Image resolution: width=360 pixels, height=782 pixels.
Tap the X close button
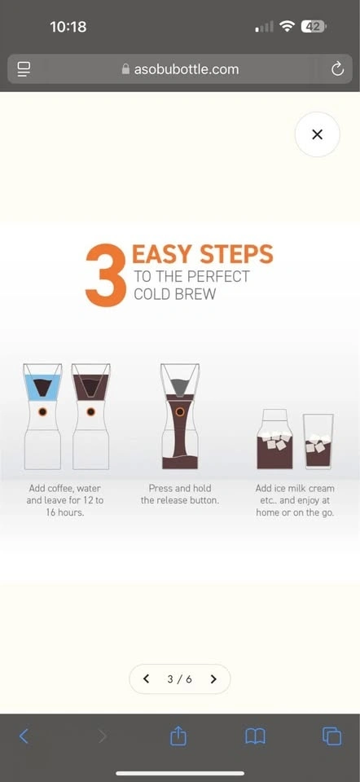pyautogui.click(x=317, y=134)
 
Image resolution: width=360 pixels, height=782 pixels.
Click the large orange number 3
pyautogui.click(x=105, y=275)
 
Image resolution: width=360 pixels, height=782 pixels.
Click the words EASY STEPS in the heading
pyautogui.click(x=203, y=254)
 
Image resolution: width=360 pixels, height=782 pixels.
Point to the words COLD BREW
pyautogui.click(x=174, y=294)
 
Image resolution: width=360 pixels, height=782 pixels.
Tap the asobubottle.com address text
pyautogui.click(x=186, y=68)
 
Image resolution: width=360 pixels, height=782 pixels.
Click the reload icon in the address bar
pyautogui.click(x=337, y=68)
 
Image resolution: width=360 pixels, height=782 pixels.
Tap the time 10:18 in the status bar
pyautogui.click(x=68, y=26)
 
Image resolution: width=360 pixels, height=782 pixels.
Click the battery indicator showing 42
pyautogui.click(x=314, y=26)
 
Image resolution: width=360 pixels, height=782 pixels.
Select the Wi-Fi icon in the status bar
pyautogui.click(x=288, y=26)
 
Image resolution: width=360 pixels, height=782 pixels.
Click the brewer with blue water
pyautogui.click(x=42, y=416)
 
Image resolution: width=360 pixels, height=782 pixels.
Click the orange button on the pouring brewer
pyautogui.click(x=180, y=412)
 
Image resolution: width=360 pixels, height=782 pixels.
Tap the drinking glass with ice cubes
pyautogui.click(x=318, y=442)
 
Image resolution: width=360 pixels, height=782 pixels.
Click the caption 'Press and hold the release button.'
pyautogui.click(x=179, y=494)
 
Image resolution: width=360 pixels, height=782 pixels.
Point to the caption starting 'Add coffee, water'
pyautogui.click(x=65, y=500)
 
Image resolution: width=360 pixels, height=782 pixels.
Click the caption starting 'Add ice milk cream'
pyautogui.click(x=295, y=500)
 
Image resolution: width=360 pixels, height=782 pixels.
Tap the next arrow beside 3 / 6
pyautogui.click(x=213, y=679)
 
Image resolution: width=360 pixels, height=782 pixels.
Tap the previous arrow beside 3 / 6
pyautogui.click(x=146, y=679)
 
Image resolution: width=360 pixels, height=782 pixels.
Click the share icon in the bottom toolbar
pyautogui.click(x=178, y=736)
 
